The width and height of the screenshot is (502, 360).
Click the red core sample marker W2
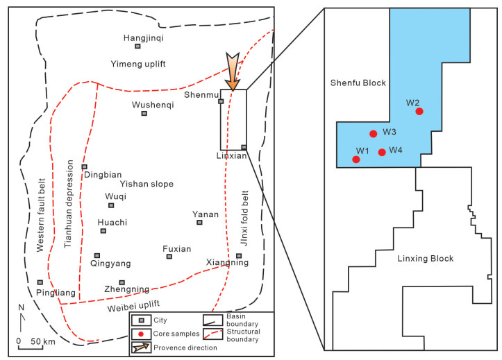419,111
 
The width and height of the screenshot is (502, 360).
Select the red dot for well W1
356,160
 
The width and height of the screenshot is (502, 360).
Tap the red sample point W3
374,134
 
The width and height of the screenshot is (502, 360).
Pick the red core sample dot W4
382,152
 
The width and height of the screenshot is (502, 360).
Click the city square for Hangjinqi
138,46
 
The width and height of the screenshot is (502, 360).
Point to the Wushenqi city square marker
144,114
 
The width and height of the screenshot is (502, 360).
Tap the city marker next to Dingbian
85,166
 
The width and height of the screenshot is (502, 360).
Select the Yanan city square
199,223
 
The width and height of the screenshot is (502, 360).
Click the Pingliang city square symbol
40,282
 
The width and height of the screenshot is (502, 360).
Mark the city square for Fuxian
169,257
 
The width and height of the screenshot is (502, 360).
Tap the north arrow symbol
23,322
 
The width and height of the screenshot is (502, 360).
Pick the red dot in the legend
142,334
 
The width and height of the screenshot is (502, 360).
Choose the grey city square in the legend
142,320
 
